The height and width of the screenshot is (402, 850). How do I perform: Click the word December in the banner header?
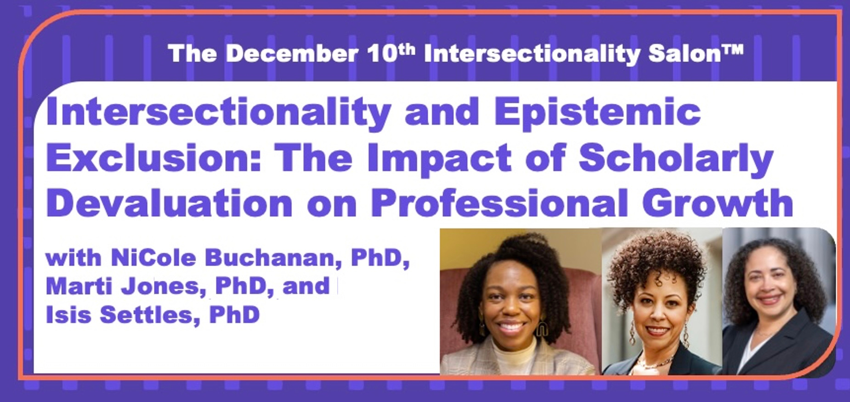click(292, 54)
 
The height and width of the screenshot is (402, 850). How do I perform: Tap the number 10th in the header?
click(391, 53)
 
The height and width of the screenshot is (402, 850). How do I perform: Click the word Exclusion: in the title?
click(153, 157)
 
